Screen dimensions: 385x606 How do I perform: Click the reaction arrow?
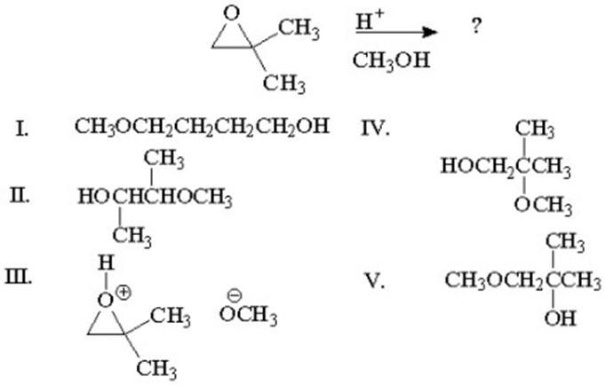(395, 33)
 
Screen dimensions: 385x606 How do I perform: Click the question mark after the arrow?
(477, 26)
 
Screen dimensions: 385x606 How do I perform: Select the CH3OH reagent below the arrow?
(391, 60)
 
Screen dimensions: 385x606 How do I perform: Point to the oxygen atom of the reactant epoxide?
(232, 12)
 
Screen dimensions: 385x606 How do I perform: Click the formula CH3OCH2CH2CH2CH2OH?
(202, 126)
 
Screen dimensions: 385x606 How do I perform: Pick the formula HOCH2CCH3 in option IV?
(504, 166)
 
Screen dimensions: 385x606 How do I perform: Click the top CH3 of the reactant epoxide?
(299, 29)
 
